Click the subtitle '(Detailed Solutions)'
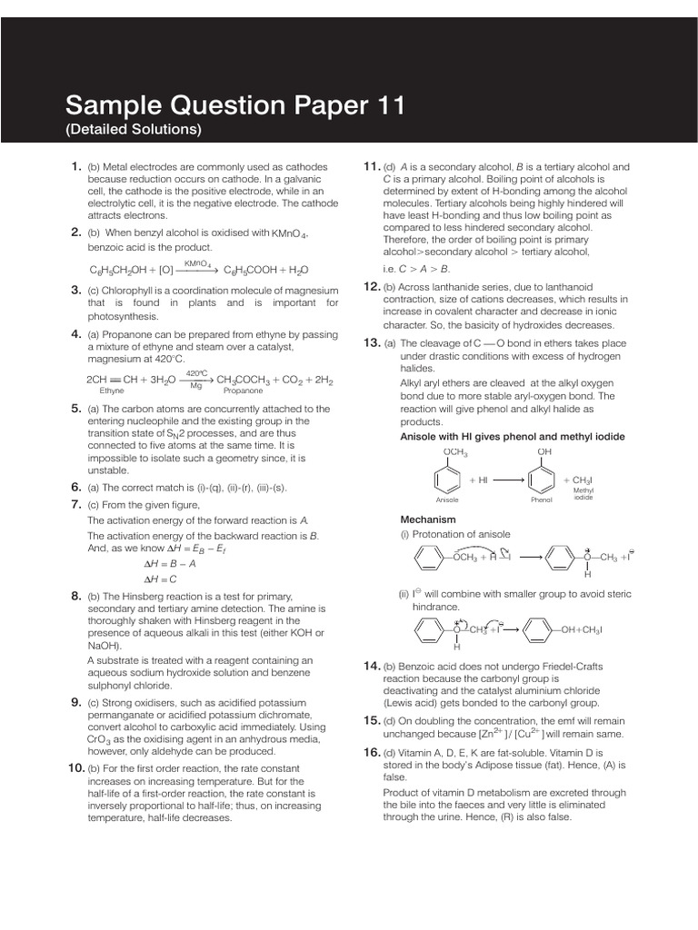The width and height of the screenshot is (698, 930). point(133,130)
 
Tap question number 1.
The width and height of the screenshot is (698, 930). point(76,166)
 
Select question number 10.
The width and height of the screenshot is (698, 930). point(76,768)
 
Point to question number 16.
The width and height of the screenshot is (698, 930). point(371,752)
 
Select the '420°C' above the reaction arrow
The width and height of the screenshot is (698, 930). point(196,373)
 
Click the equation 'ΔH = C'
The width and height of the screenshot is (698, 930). point(160,578)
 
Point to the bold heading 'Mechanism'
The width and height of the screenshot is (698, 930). point(426,519)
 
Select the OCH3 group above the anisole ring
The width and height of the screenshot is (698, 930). point(454,450)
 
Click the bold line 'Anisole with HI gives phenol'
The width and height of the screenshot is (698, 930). point(513,436)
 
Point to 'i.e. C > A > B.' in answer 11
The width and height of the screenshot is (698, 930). point(416,268)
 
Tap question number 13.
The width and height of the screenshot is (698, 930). point(371,342)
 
